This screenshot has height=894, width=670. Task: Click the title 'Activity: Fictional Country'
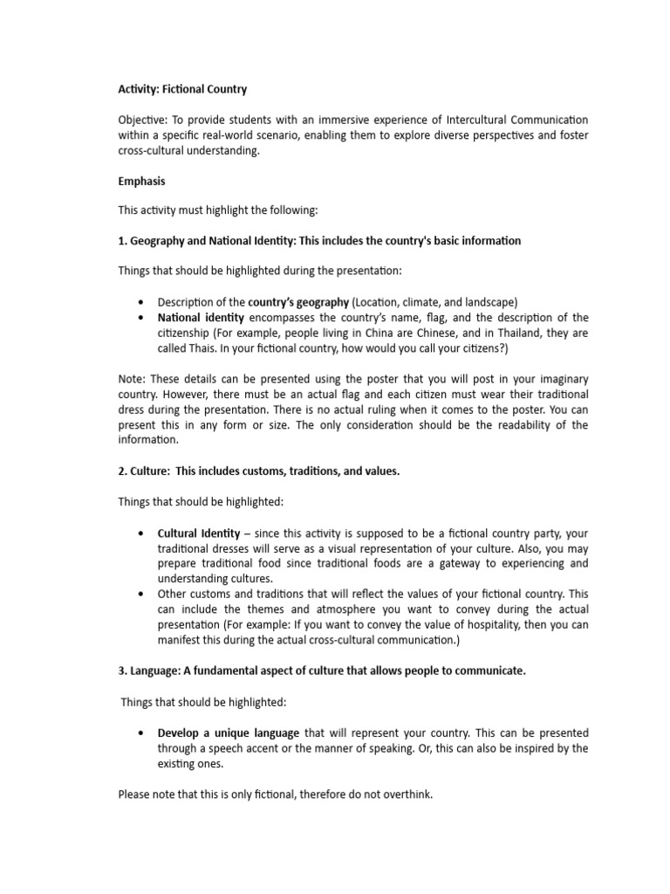pos(182,89)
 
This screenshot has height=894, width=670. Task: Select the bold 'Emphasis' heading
pos(142,181)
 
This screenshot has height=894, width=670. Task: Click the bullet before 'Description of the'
pos(141,302)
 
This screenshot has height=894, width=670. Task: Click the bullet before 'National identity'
pos(141,318)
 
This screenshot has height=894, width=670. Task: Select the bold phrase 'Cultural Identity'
pos(197,532)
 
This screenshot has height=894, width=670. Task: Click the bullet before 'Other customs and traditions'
pos(141,594)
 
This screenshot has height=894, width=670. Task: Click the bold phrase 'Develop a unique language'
pos(229,732)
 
